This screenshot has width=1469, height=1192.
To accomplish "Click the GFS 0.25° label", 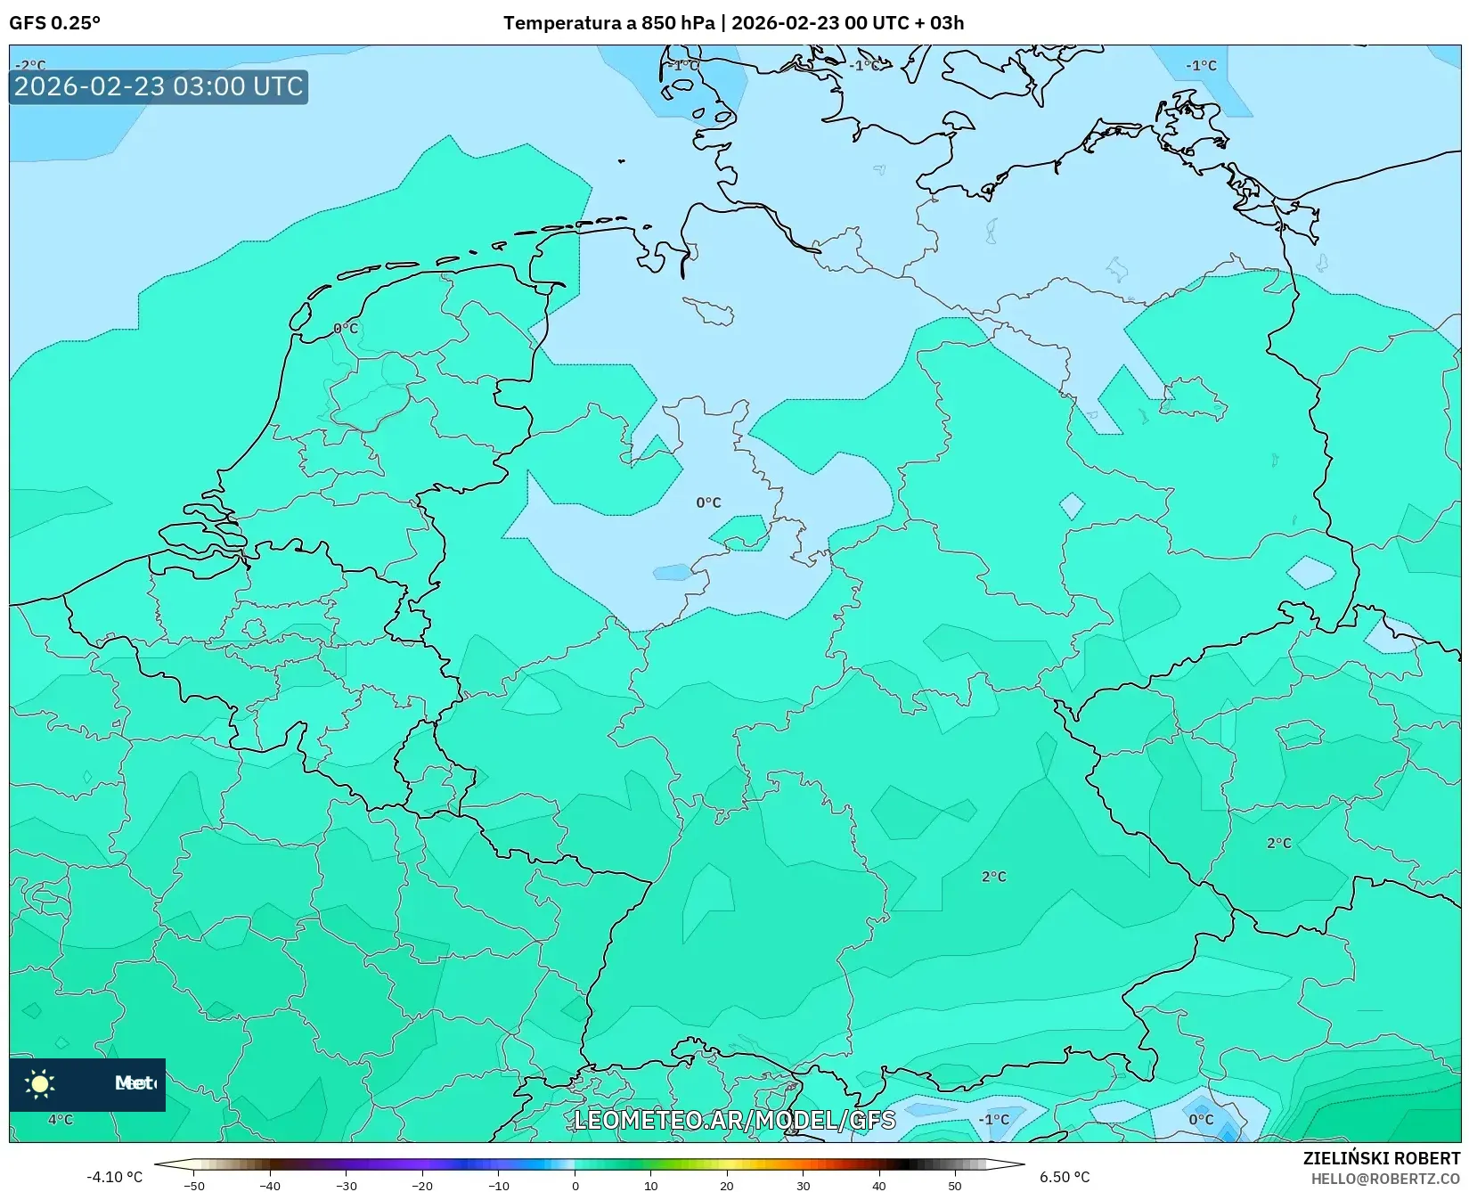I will coord(54,23).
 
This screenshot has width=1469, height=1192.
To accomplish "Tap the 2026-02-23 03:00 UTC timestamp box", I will coord(159,87).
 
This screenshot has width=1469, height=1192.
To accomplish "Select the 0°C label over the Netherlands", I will coord(346,329).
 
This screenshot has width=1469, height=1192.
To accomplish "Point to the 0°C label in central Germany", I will coord(708,502).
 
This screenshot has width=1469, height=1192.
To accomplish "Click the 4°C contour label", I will coord(61,1120).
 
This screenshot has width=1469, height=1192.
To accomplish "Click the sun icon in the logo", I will coord(40,1083).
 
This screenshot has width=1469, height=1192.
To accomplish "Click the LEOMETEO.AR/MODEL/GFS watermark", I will coord(734,1120).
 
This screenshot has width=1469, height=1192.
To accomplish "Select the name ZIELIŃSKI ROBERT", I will coord(1381,1159).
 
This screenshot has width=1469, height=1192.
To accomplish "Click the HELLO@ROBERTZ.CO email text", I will coord(1385,1179).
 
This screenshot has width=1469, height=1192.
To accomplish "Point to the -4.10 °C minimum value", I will coord(114,1177).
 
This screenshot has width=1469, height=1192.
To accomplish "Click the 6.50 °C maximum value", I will coord(1065,1177).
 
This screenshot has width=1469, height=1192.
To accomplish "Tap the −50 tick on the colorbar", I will coord(193,1186).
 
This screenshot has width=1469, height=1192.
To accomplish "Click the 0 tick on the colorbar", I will coord(575,1186).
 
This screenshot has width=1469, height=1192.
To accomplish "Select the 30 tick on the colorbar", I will coord(803,1186).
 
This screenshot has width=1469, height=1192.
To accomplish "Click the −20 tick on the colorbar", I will coord(422,1186).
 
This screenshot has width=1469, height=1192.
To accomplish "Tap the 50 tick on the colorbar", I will coord(955,1186).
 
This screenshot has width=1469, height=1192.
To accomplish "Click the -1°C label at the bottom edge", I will coord(993,1120).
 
